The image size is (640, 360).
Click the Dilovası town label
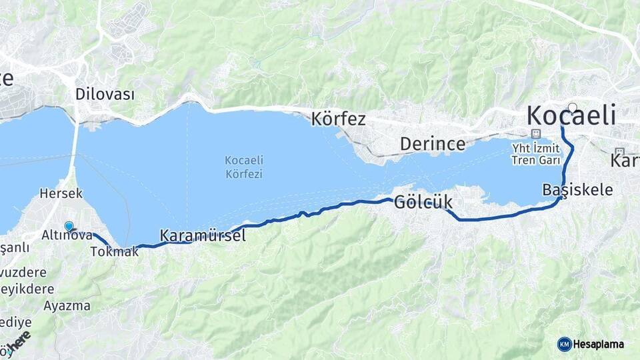[x=105, y=94]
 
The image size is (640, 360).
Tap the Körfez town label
[x=339, y=119]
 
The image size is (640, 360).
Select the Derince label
[x=432, y=143]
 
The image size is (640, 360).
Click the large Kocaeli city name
[x=571, y=116]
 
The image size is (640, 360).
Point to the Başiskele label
[x=577, y=189]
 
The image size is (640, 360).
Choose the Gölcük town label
[x=423, y=201]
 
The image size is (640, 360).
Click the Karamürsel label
[x=203, y=235]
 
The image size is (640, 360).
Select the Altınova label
[x=67, y=235]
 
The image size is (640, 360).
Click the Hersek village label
[x=61, y=193]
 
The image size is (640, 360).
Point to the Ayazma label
[x=67, y=306]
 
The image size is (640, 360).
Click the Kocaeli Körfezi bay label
[x=243, y=167]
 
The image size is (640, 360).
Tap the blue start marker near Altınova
[x=69, y=226]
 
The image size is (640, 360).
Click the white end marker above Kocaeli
[x=572, y=107]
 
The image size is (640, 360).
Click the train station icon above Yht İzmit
[x=535, y=133]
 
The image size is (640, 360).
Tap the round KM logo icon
[x=564, y=344]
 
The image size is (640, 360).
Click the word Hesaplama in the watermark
[x=599, y=344]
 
